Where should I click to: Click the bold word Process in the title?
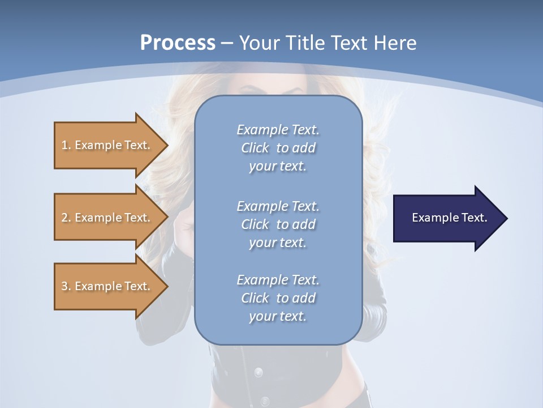click(x=178, y=43)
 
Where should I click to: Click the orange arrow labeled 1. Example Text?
click(x=107, y=145)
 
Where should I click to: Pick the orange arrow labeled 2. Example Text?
click(x=107, y=218)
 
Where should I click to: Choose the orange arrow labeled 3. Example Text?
click(x=107, y=286)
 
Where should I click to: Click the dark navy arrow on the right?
click(x=447, y=218)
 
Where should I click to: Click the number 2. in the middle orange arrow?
click(x=66, y=218)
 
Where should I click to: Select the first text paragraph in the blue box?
click(x=278, y=148)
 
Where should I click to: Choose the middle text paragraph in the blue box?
click(x=278, y=224)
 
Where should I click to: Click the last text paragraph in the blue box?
click(x=278, y=298)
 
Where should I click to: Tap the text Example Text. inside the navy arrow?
click(x=450, y=218)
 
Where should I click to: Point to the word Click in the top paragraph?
click(x=255, y=148)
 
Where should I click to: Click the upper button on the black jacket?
click(x=258, y=372)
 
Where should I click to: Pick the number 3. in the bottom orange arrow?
click(x=66, y=286)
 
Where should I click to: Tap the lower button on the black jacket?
click(x=264, y=401)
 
